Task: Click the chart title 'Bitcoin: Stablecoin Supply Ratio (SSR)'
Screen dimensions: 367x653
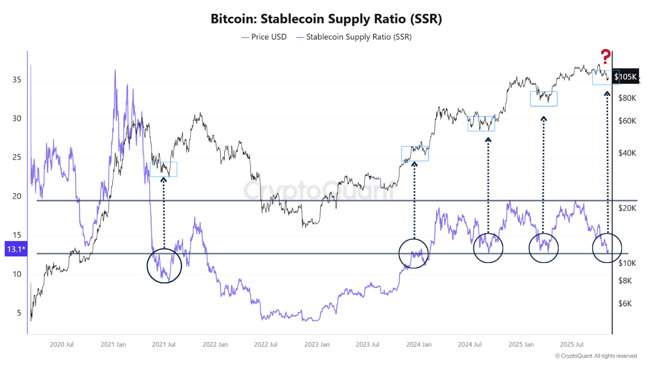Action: [x=326, y=19]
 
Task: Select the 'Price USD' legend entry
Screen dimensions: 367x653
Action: [x=264, y=37]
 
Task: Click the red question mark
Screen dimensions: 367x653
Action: [x=605, y=57]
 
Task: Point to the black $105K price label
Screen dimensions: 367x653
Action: [x=625, y=77]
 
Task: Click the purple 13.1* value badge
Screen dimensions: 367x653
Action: [x=15, y=249]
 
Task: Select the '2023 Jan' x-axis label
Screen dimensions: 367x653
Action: [x=316, y=344]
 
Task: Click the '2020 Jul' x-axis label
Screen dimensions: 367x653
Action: [x=62, y=344]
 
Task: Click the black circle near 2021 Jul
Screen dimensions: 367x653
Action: [x=164, y=266]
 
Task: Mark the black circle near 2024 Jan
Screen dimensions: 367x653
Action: [x=414, y=253]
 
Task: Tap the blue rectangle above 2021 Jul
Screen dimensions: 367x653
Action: [x=163, y=169]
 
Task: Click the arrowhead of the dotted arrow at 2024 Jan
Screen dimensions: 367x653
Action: [x=414, y=164]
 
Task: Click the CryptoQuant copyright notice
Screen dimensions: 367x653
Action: [x=595, y=356]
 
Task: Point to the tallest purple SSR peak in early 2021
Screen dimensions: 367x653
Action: [x=115, y=70]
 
